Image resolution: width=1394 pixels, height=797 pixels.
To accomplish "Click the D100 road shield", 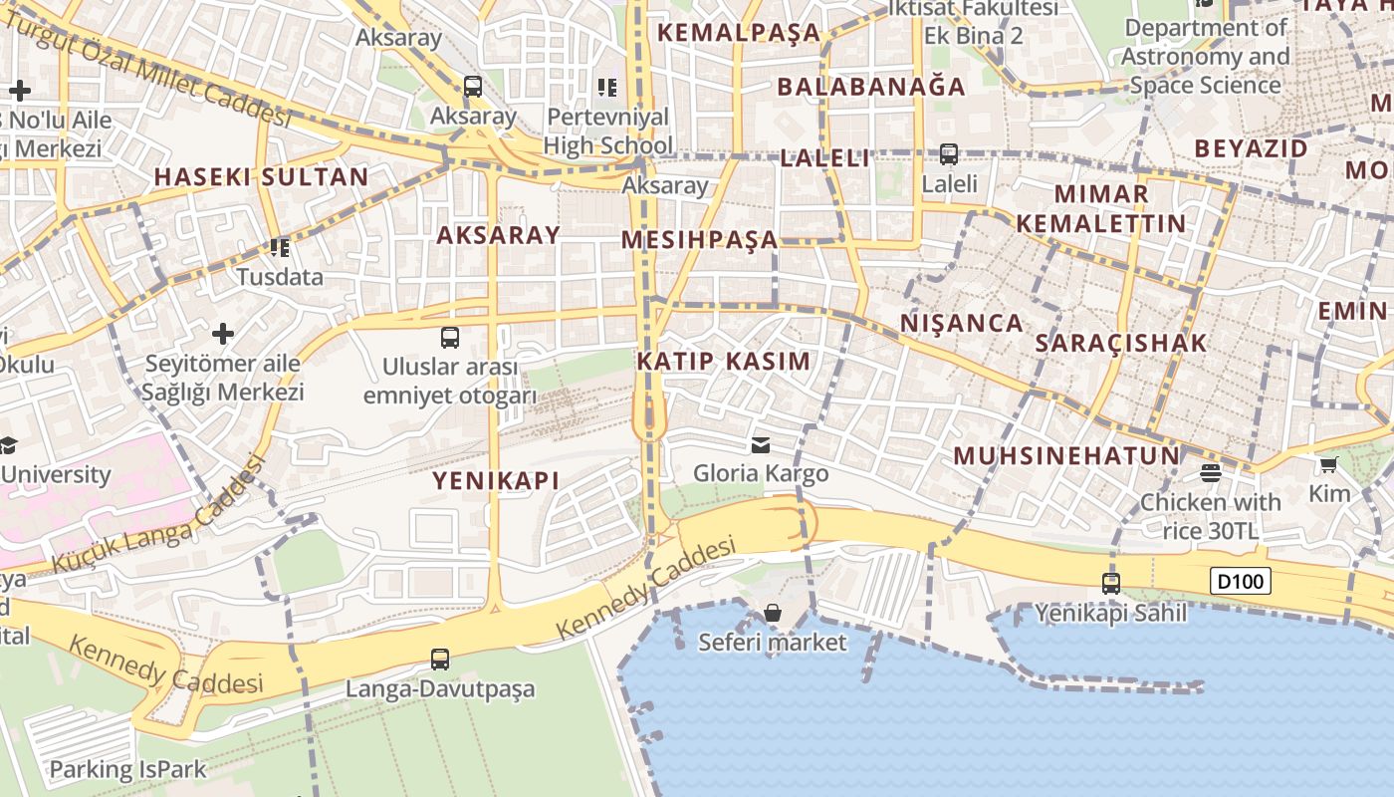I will pos(1241,581).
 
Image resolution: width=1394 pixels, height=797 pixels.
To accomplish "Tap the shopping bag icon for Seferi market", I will pos(772,613).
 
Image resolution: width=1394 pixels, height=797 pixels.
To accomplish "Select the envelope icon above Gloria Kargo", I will pos(761,444).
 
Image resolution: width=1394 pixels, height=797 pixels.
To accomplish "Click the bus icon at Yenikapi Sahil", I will pos(1111,584).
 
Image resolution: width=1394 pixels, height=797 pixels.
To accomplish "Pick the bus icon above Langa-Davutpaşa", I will pos(439,659).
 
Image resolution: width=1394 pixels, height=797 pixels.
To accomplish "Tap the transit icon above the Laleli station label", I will pos(949,154).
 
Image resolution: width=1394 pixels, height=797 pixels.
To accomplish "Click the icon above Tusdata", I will pos(280,247).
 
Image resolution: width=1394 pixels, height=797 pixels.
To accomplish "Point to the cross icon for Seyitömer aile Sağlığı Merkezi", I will pos(223,333).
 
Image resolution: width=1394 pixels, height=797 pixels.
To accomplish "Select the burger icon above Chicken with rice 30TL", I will pos(1211,472).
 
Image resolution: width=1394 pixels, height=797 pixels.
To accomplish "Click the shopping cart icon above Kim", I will pos(1328,464).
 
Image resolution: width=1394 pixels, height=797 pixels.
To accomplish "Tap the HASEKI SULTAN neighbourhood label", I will pos(261,178).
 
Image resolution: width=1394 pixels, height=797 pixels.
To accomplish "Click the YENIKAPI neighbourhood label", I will pos(495,481).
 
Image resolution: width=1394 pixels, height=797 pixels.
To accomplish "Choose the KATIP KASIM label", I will pos(723,362).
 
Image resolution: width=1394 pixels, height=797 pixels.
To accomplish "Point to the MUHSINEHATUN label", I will pos(1066,456).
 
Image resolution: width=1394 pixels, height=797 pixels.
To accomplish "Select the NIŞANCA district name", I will pos(961,323).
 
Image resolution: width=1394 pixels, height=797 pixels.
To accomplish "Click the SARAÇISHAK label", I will pos(1121,344).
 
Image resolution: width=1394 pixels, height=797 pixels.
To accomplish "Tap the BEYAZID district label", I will pos(1251,149).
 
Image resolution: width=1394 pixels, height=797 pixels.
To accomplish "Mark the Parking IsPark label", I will pos(127,769).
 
